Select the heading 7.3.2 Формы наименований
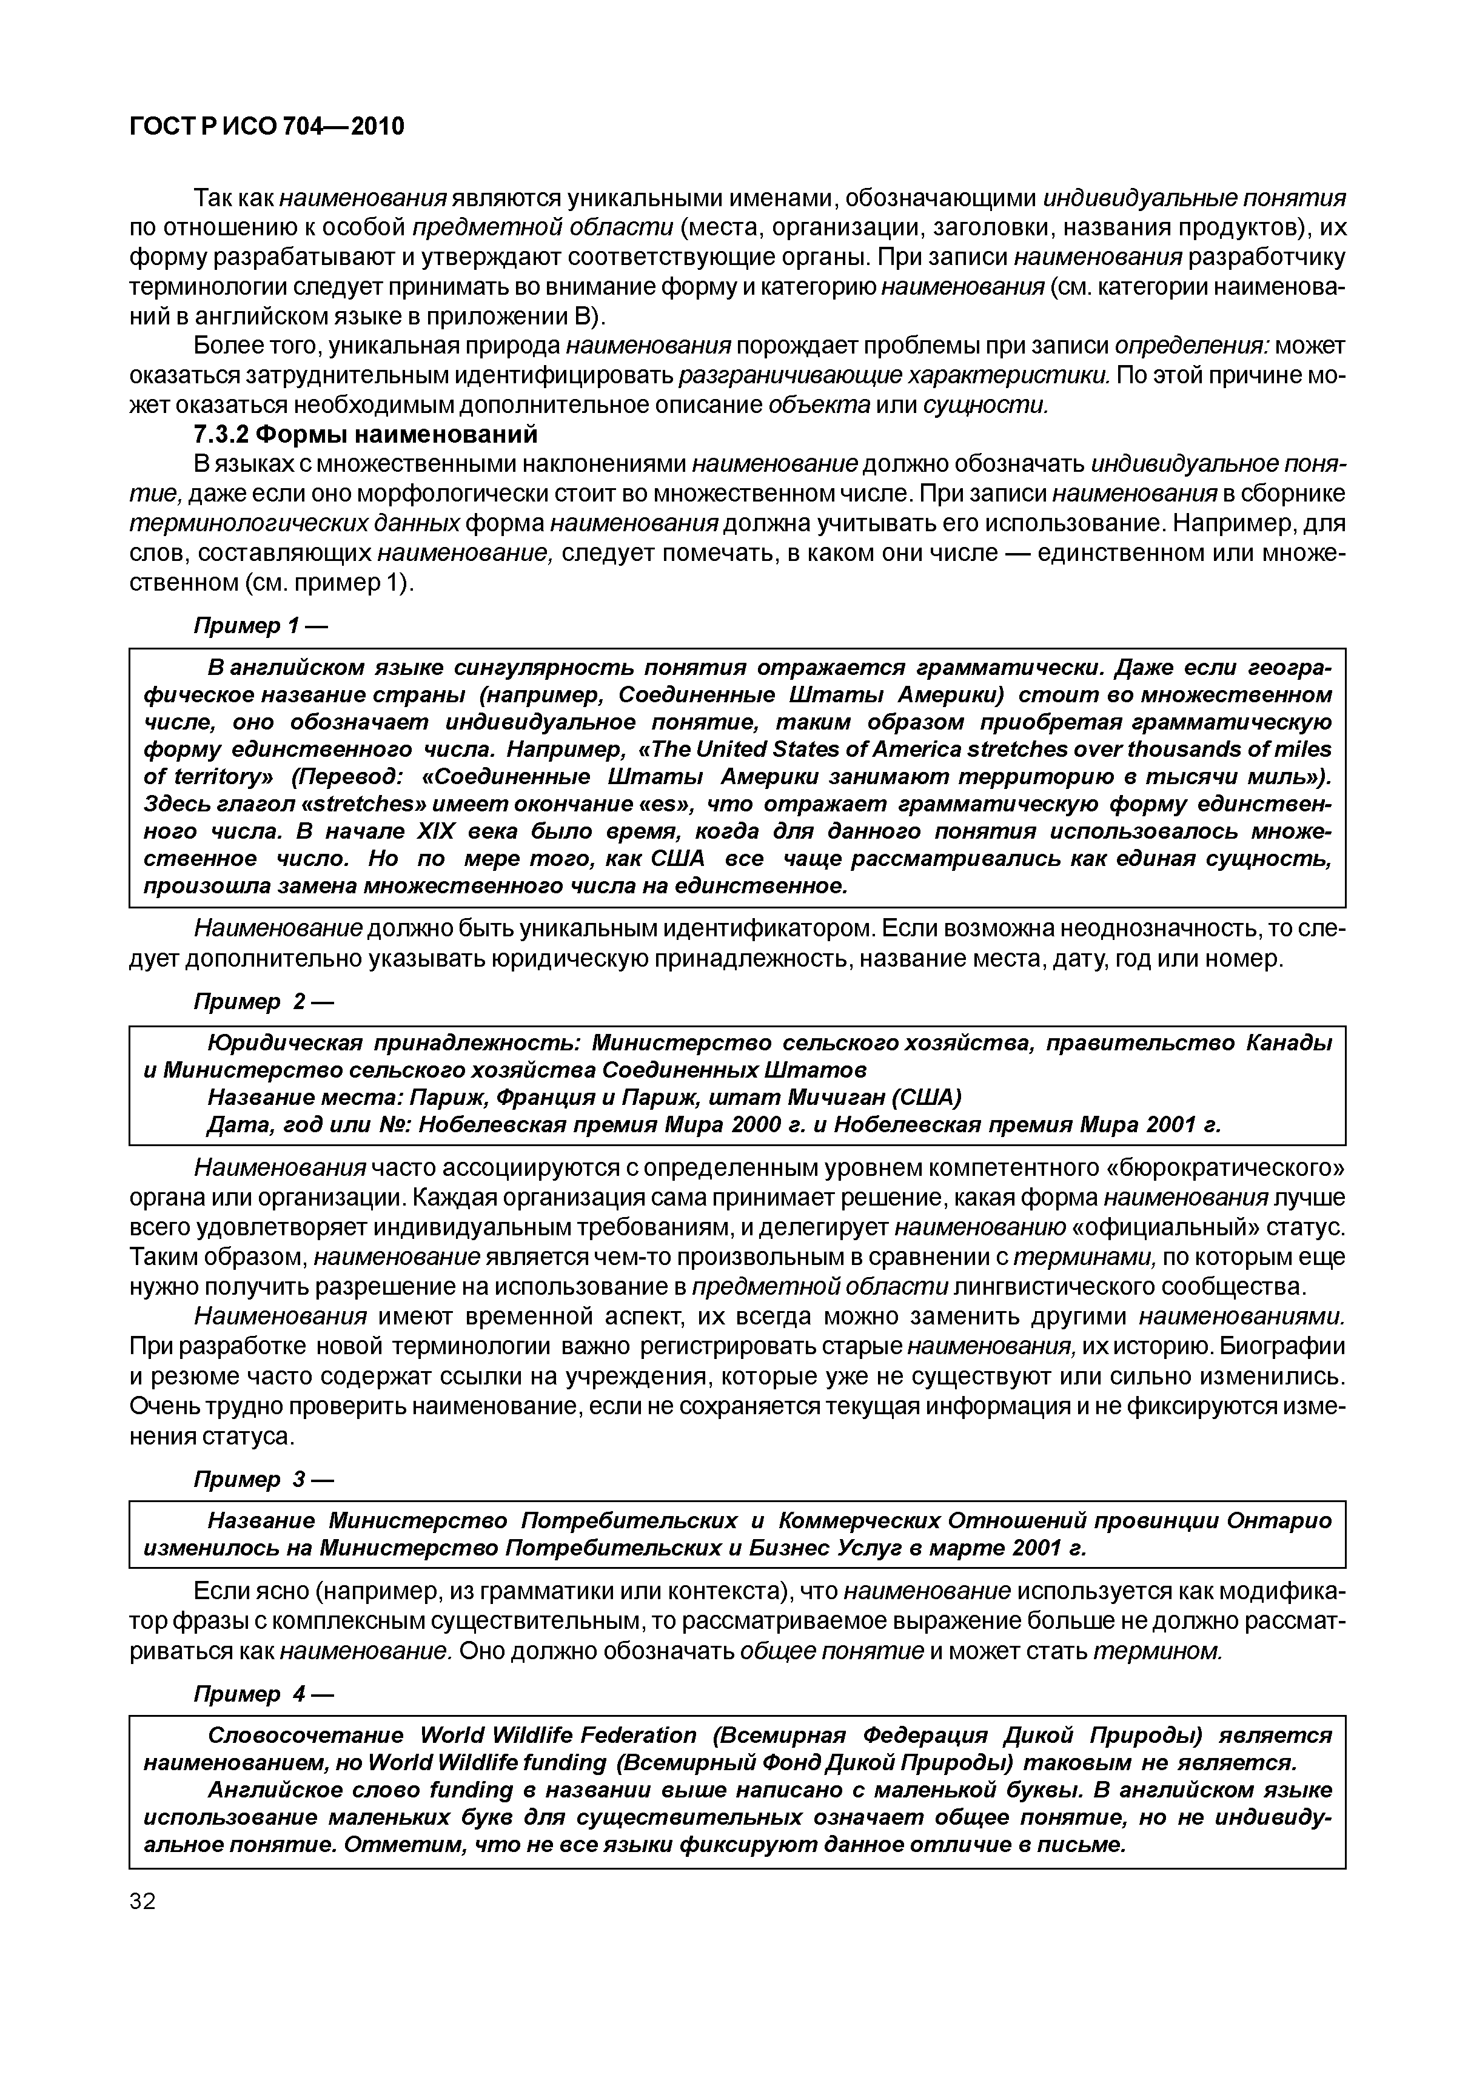(x=366, y=435)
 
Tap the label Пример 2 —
(x=263, y=1002)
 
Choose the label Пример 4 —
(x=263, y=1694)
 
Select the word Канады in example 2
(x=1289, y=1043)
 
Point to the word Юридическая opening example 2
(x=285, y=1043)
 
